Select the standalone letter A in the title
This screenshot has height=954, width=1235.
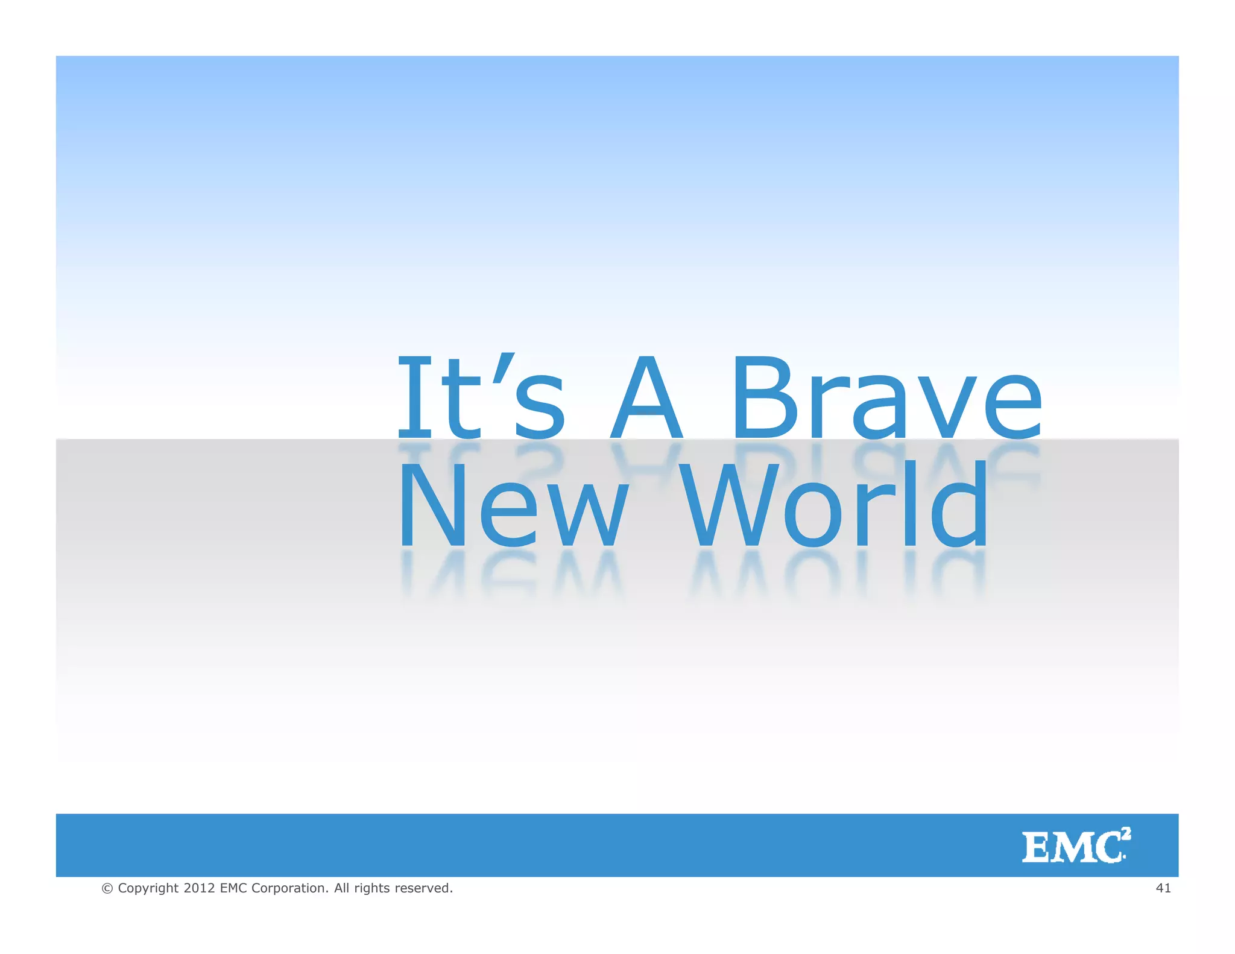coord(646,397)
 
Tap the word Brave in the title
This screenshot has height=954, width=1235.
coord(886,397)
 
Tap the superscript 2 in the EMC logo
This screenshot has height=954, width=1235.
coord(1126,834)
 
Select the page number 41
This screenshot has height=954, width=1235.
coord(1163,888)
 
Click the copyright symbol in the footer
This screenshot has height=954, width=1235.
coord(107,888)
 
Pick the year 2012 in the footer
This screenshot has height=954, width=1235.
coord(199,888)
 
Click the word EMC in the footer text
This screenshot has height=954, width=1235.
coord(233,888)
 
